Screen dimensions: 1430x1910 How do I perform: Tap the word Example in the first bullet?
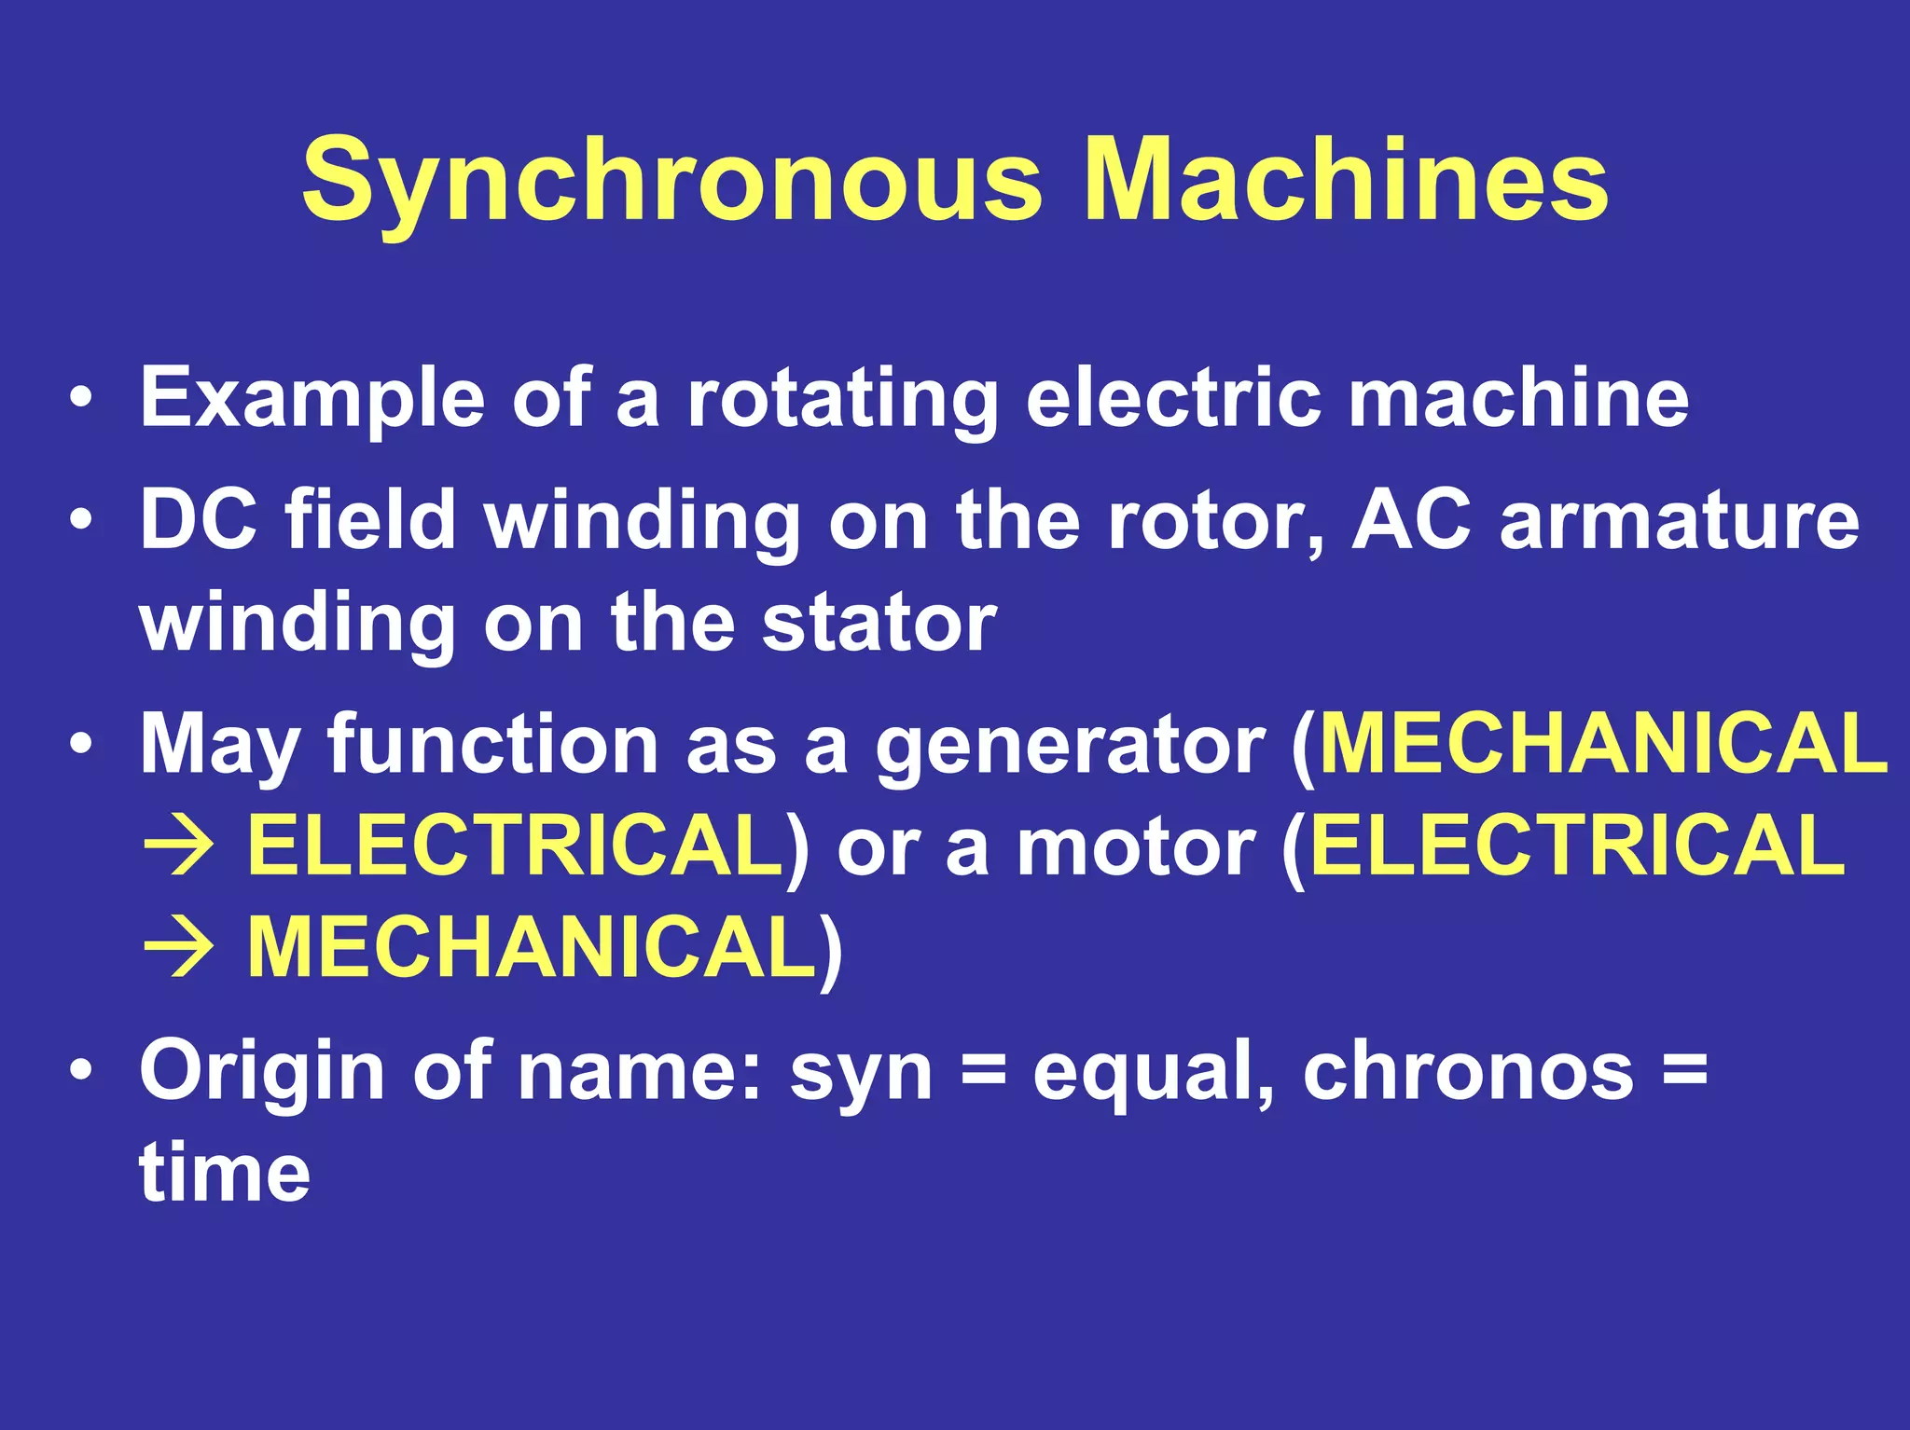312,399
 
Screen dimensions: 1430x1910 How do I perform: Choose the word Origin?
262,1072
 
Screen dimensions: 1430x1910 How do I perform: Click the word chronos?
1468,1072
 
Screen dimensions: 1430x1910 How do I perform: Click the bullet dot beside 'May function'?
81,746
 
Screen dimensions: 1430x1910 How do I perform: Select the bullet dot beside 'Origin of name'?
81,1072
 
